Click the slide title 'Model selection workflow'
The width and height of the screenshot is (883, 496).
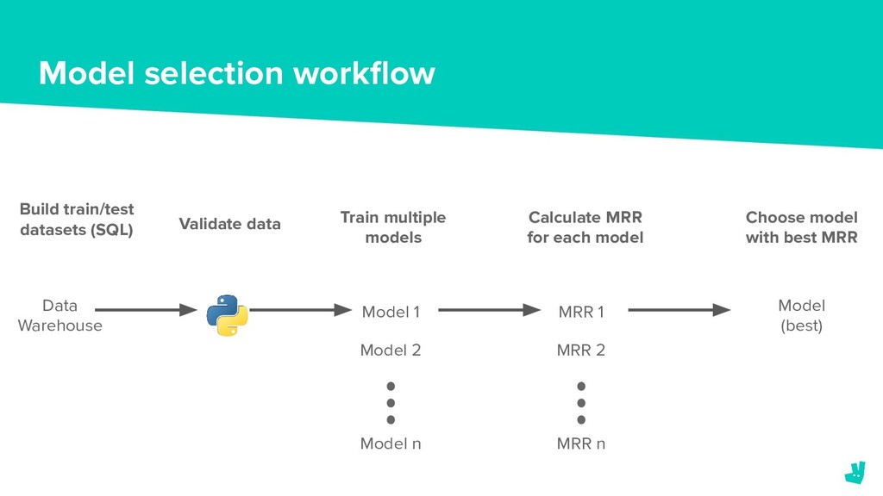tap(237, 74)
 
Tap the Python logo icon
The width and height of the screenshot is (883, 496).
tap(228, 315)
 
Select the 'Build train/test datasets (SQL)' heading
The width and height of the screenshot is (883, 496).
tap(77, 220)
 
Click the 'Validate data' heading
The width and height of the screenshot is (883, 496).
tap(229, 224)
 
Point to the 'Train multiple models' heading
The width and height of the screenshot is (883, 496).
tap(393, 227)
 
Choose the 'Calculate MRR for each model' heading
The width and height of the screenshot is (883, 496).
tap(586, 227)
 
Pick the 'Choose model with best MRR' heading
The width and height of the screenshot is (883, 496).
tap(801, 227)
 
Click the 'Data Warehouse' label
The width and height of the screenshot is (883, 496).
tap(59, 315)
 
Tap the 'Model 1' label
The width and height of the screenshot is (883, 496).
tap(391, 312)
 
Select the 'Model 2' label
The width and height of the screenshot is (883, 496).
tap(391, 350)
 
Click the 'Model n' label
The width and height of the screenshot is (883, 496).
tap(391, 443)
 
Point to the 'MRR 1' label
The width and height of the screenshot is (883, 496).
tap(581, 312)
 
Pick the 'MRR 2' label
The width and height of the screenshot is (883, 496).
tap(580, 350)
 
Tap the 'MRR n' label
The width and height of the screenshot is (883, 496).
tap(580, 443)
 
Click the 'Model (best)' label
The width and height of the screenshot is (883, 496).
tap(801, 315)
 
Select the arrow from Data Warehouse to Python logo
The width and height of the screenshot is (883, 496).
tap(146, 310)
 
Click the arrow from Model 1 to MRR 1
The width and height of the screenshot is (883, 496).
tap(490, 310)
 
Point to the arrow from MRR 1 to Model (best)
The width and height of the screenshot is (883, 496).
tap(679, 310)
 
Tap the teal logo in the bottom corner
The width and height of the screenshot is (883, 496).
tap(855, 473)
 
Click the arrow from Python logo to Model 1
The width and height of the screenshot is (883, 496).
tap(301, 310)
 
